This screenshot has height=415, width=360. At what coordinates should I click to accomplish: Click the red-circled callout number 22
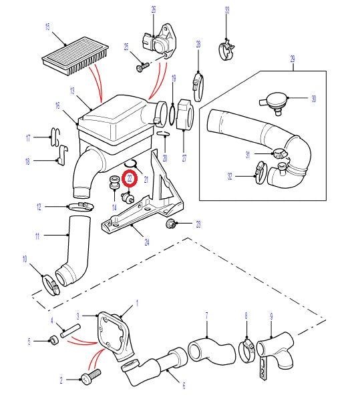point(130,179)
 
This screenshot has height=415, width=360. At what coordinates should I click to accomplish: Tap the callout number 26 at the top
point(153,9)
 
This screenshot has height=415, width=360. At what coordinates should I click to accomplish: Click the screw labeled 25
point(142,66)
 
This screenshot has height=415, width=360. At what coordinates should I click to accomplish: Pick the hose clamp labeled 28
point(198,83)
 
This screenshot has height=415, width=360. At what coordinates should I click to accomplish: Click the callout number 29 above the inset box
point(292,59)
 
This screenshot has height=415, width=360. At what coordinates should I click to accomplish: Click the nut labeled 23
point(171,224)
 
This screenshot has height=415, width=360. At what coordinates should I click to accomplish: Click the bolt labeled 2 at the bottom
point(90,378)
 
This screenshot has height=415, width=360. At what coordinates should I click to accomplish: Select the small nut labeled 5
point(53,342)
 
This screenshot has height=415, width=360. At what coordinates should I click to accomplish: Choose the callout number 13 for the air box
point(71,90)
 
